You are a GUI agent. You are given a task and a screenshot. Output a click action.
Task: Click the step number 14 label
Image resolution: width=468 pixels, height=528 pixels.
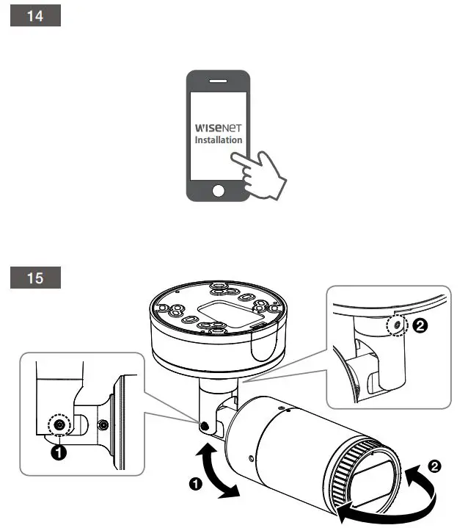tap(35, 16)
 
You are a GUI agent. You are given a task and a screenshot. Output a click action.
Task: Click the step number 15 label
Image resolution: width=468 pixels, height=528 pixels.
tap(35, 279)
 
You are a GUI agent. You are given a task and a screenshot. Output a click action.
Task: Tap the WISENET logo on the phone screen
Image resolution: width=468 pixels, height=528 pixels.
tap(217, 126)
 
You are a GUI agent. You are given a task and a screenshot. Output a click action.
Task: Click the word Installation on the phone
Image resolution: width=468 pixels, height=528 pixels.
tap(218, 139)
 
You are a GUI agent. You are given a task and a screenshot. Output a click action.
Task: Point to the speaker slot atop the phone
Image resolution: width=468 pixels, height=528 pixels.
tap(218, 80)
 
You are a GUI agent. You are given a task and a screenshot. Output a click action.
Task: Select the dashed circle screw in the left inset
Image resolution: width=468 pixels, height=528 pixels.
tap(57, 424)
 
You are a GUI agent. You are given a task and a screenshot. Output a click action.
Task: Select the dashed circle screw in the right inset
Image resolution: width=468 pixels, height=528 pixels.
tap(397, 325)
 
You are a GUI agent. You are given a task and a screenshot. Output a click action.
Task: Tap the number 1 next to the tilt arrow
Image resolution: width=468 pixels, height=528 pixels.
tap(195, 484)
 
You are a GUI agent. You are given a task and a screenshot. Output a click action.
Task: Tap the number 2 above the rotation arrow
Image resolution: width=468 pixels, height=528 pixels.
tap(435, 466)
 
